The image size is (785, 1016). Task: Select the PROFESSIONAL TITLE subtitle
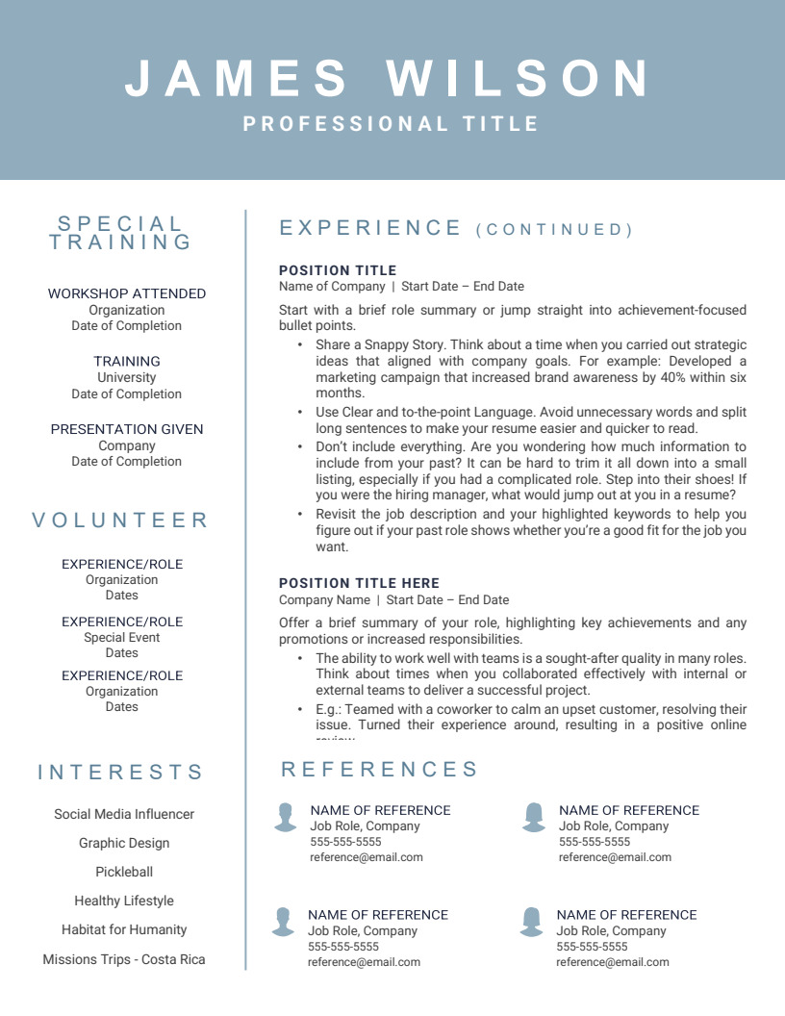tap(392, 124)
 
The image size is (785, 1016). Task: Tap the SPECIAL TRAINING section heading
tap(121, 233)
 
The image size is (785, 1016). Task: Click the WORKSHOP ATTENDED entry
tap(127, 293)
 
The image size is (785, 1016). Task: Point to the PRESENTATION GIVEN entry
tap(127, 429)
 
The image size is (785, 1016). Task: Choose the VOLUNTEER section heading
tap(121, 521)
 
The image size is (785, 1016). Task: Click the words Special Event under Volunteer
tap(122, 637)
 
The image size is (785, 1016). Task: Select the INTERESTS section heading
tap(121, 773)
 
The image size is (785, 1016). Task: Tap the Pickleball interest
tap(124, 872)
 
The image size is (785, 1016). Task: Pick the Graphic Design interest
tap(124, 843)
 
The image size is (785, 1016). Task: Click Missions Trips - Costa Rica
tap(124, 959)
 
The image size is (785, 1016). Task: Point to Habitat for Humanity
tap(124, 929)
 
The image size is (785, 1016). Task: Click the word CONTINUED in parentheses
tap(555, 230)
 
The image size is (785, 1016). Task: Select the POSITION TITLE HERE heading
tap(359, 583)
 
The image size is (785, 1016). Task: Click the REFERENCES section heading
tap(380, 770)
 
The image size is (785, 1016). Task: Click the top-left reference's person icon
tap(285, 817)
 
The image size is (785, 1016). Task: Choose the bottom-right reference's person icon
tap(531, 921)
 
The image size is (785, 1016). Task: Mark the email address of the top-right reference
tap(615, 857)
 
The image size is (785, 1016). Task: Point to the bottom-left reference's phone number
tap(343, 947)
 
